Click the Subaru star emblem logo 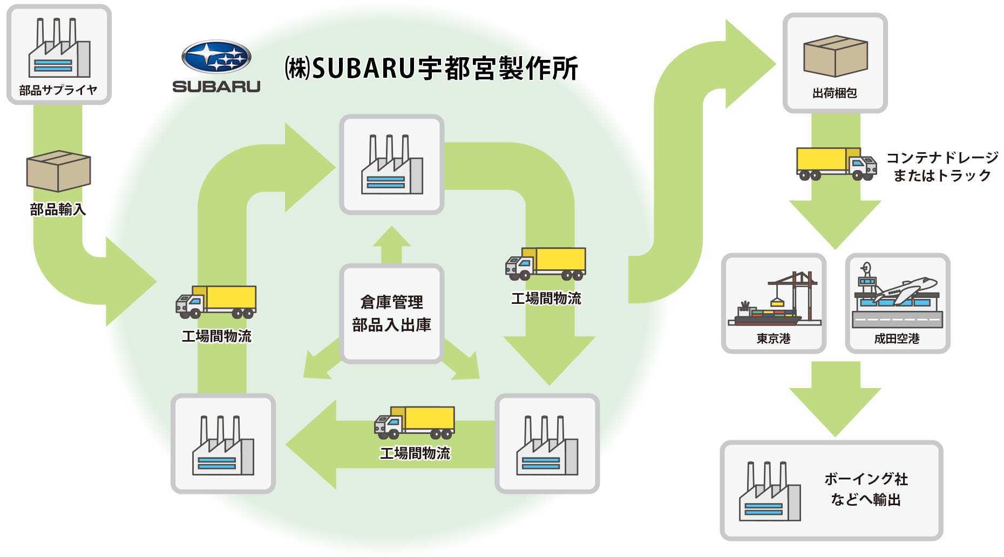[x=216, y=57]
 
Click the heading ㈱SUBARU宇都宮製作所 [x=431, y=69]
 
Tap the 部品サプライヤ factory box [x=59, y=54]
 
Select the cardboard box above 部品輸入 [x=58, y=171]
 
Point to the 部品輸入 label [x=58, y=209]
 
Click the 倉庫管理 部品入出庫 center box [x=391, y=314]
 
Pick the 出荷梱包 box [x=835, y=63]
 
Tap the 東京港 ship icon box [x=774, y=303]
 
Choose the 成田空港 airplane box [x=897, y=303]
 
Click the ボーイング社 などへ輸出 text [x=866, y=489]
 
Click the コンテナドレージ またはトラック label [x=942, y=166]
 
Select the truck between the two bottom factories [x=415, y=422]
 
